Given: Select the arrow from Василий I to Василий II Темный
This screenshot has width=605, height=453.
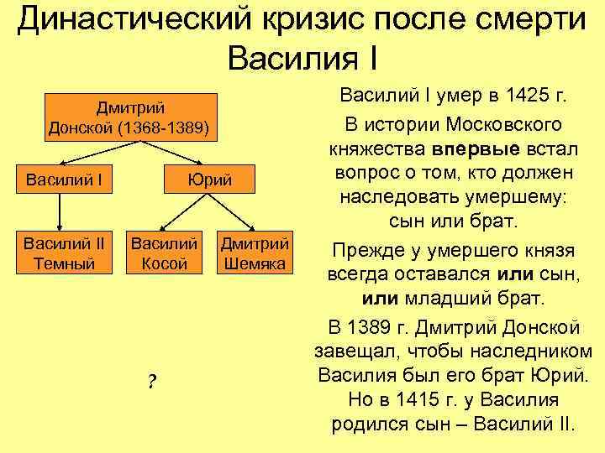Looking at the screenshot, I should click(59, 213).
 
